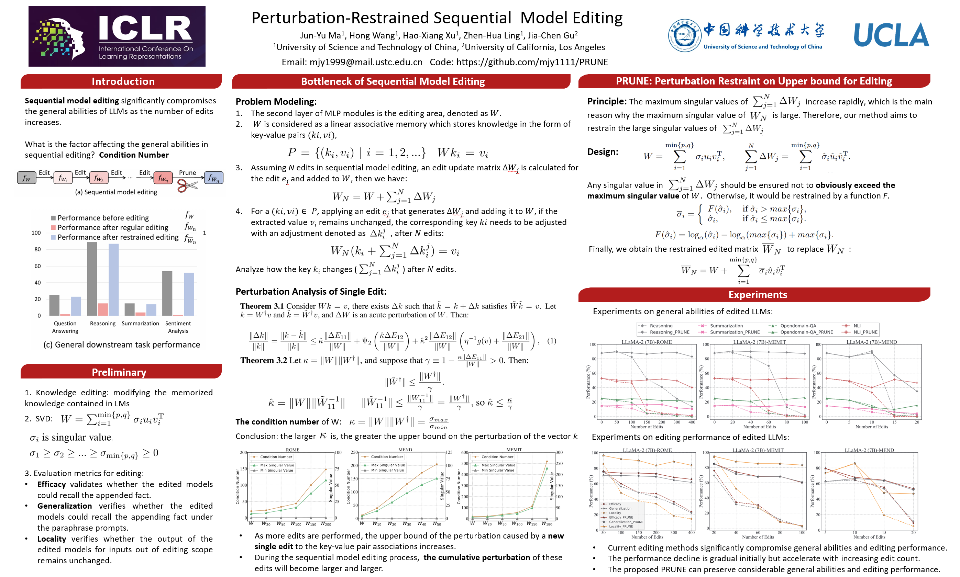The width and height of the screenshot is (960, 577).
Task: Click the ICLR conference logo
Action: (117, 36)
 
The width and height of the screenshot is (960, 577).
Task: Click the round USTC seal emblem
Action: (684, 35)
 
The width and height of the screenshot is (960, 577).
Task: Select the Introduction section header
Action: (123, 81)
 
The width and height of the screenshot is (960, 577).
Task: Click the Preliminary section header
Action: (119, 372)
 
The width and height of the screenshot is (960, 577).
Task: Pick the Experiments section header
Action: (757, 295)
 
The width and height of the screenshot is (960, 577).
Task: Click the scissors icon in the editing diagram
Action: (187, 185)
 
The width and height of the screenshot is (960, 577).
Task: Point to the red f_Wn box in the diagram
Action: (163, 178)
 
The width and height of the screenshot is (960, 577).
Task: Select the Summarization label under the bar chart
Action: (140, 324)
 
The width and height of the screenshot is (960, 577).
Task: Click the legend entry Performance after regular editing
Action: (113, 227)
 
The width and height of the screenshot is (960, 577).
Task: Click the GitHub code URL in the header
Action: (532, 62)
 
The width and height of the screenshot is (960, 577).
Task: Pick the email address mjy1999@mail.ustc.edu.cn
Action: (366, 62)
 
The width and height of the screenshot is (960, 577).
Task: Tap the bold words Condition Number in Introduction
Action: (133, 155)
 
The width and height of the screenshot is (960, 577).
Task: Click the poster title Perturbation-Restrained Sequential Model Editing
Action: (437, 18)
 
